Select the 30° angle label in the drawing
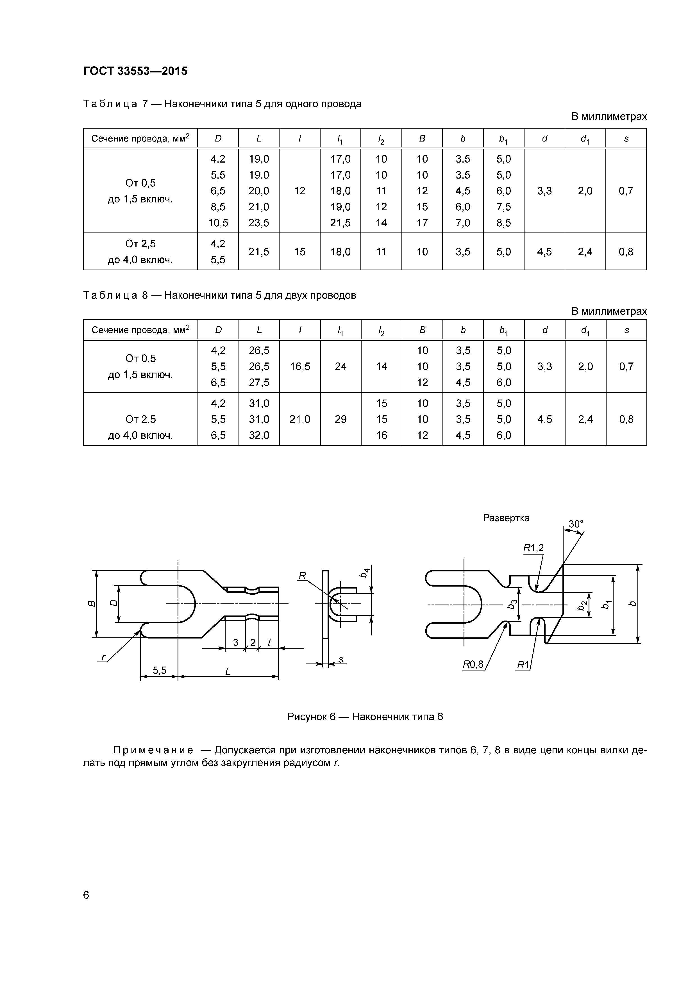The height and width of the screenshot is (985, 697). coord(576,524)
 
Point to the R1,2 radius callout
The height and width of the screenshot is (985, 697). coord(533,548)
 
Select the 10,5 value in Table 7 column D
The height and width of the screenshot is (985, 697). coord(218,223)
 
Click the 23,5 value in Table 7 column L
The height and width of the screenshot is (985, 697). coord(259,223)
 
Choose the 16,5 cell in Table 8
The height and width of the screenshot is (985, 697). coord(299,366)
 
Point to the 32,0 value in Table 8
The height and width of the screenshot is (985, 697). coord(259,436)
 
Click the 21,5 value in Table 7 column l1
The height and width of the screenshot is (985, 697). coord(340,223)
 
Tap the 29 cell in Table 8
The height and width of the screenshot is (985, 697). coord(340,419)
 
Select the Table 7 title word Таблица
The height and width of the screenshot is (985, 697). coord(110,104)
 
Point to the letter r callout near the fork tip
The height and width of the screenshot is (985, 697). coord(103,657)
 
